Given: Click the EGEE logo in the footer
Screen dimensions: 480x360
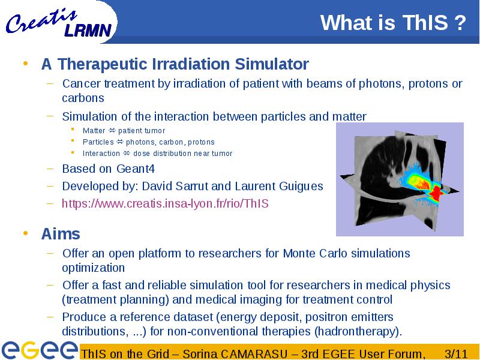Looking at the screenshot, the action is coord(39,350).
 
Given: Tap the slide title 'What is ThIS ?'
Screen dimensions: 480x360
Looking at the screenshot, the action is coord(393,22).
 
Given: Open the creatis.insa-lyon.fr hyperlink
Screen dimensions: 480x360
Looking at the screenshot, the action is coord(166,203).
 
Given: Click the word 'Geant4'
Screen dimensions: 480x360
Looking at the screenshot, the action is coord(136,169).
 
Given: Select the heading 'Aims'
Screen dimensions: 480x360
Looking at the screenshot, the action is coord(61,234).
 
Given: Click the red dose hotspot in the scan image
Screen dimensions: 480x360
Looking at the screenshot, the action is coord(435,193).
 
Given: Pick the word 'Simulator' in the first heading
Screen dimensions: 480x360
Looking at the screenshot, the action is coord(272,64).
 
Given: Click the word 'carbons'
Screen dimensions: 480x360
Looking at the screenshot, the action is coord(83,98).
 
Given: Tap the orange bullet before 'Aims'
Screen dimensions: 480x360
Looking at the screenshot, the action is coord(25,233).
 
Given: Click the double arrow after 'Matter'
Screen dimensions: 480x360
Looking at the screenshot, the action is coord(112,130).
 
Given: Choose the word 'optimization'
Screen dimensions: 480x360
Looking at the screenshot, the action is coord(94,268).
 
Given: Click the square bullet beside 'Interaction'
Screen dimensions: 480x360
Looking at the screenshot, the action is coord(73,152).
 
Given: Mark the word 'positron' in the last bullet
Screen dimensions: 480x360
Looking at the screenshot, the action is coord(326,317).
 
